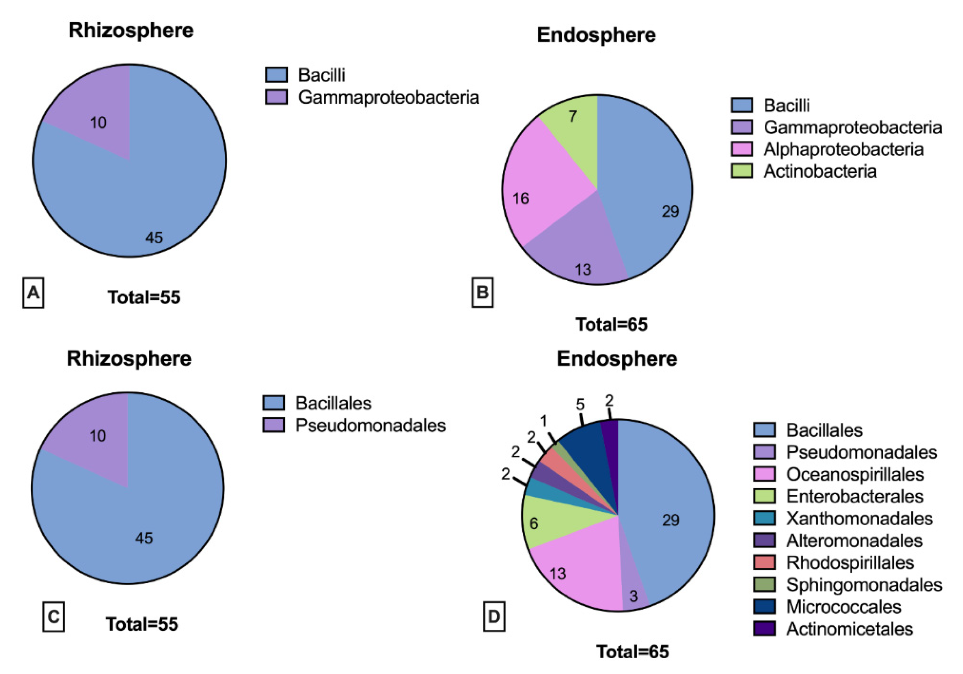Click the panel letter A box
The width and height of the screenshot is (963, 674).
33,292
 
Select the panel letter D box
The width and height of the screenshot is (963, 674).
494,616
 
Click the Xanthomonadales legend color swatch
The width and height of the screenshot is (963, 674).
765,518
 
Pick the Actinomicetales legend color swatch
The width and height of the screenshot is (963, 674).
765,628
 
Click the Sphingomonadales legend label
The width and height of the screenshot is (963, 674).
864,585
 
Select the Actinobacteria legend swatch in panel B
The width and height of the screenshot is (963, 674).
742,171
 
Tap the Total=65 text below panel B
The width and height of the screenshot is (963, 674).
611,324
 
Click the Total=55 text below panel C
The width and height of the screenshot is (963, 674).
142,624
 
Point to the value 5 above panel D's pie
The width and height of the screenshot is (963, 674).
580,405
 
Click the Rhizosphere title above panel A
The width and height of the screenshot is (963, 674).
131,30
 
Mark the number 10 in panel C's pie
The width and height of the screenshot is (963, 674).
98,436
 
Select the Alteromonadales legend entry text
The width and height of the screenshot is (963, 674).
854,540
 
